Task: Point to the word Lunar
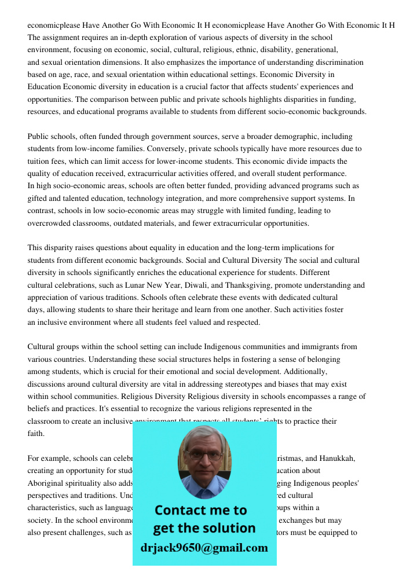pos(156,285)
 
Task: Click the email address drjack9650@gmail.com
pos(204,548)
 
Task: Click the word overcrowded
pos(50,223)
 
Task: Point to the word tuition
pos(40,161)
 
